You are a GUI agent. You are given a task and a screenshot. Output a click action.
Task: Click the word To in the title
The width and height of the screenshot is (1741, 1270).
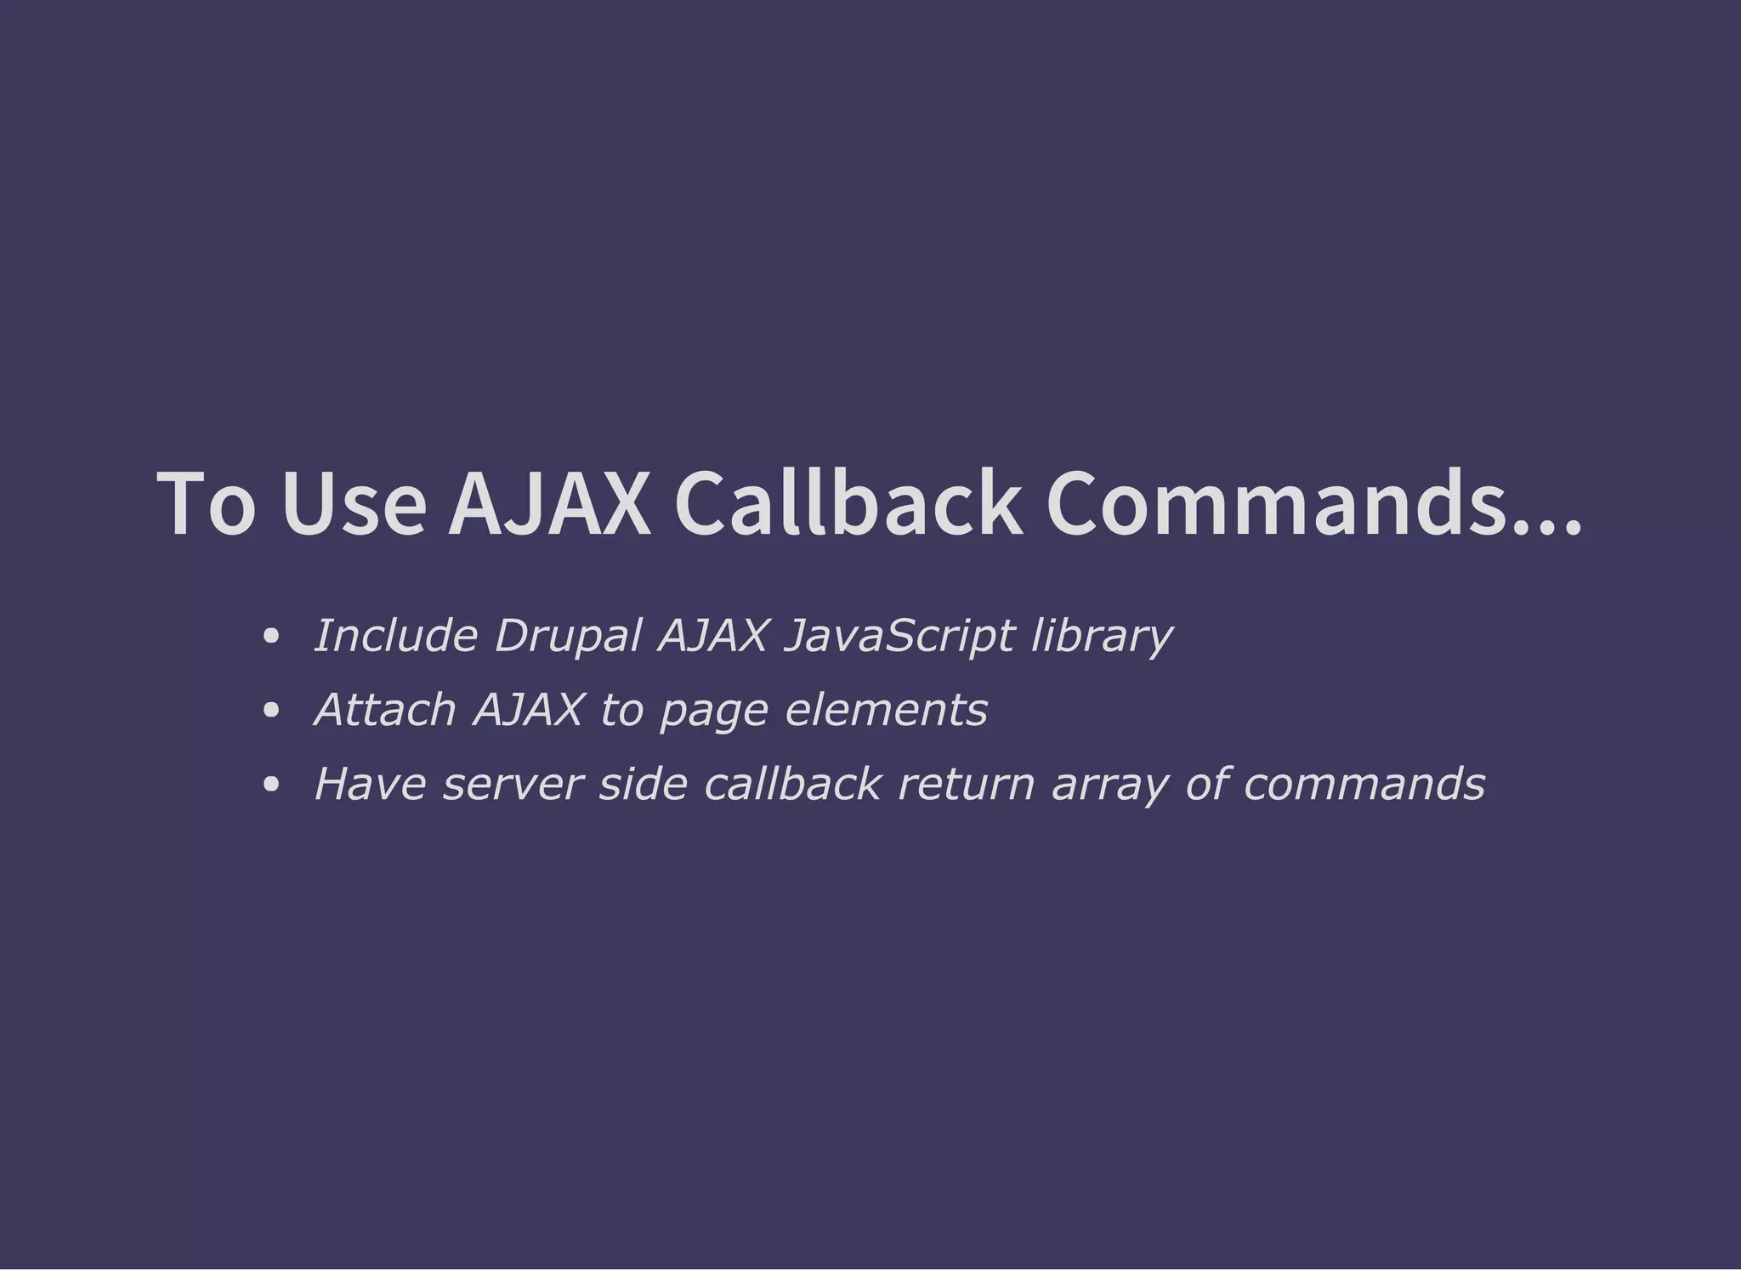(x=206, y=504)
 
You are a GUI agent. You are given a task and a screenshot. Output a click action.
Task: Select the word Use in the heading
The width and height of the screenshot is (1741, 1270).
(x=354, y=504)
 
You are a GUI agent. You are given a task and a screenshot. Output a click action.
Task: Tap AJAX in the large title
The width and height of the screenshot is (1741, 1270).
(x=549, y=504)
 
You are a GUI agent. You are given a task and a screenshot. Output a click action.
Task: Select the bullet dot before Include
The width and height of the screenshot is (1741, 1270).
(x=271, y=636)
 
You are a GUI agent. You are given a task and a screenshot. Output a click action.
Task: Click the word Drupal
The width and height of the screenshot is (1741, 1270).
(x=568, y=637)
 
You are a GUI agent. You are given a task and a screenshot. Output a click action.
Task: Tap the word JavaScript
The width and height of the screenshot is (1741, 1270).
(x=899, y=637)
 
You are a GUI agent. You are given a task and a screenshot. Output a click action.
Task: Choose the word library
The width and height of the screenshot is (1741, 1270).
(x=1102, y=637)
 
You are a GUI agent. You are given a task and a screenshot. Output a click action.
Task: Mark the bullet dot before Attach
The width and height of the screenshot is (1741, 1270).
(x=271, y=710)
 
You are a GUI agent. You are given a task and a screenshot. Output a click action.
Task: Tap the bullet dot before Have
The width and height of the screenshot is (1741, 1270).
(x=271, y=784)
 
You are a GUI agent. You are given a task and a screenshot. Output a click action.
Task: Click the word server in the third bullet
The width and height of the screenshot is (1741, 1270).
(x=513, y=785)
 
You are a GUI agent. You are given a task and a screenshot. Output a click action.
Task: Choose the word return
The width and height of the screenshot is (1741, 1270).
(x=967, y=785)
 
